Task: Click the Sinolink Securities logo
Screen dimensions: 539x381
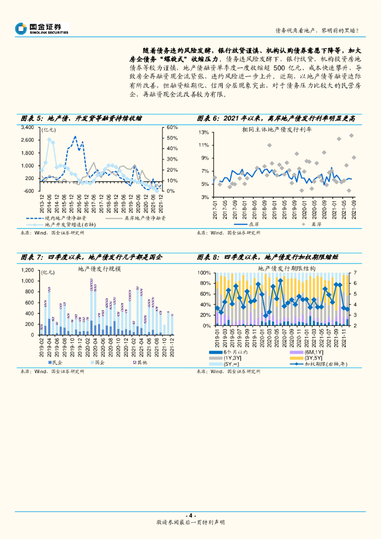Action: point(42,28)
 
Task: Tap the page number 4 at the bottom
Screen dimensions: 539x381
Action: point(190,515)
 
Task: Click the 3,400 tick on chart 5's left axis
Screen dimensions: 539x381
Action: point(27,128)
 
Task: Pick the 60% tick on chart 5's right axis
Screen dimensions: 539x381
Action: point(173,128)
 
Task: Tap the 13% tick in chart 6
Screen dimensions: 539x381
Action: point(204,132)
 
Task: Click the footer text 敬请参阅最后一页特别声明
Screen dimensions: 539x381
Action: point(190,522)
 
